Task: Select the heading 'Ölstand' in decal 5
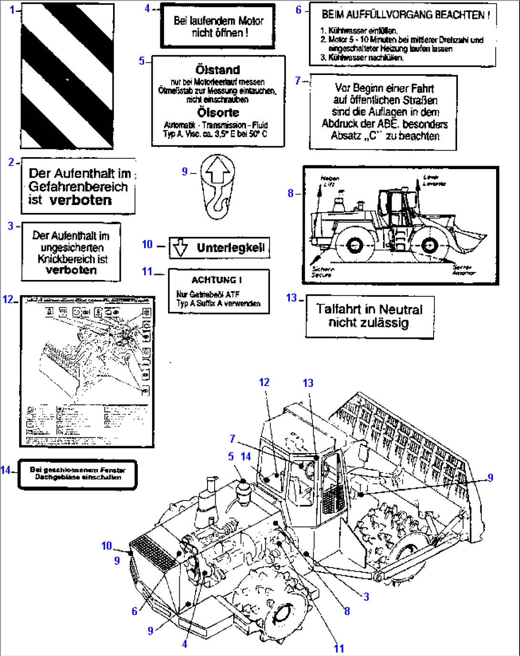click(218, 70)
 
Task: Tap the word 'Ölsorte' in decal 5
click(218, 113)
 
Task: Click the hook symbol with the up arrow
click(218, 187)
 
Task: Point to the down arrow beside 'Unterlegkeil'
click(180, 247)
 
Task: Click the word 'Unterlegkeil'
click(230, 247)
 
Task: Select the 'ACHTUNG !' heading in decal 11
click(217, 280)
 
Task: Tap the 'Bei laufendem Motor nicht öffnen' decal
click(218, 27)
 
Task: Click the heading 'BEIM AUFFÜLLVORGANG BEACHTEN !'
click(405, 15)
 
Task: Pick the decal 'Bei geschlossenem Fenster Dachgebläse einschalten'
click(77, 473)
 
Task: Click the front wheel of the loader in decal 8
click(430, 246)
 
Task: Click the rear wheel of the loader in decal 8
click(354, 246)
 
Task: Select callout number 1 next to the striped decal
click(12, 9)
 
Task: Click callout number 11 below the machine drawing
click(339, 648)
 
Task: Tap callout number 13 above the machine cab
click(308, 383)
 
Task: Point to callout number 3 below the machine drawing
click(366, 596)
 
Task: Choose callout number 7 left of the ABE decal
click(298, 81)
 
